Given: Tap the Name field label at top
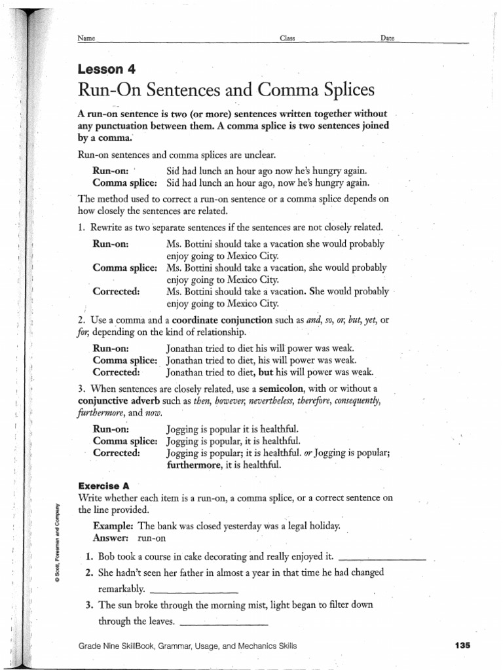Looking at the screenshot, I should click(x=86, y=39).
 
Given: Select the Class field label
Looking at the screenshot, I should click(x=288, y=39).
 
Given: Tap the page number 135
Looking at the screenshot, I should click(x=462, y=646).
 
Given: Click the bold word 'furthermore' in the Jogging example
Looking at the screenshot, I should click(x=195, y=465).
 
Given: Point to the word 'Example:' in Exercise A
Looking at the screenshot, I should click(x=114, y=526).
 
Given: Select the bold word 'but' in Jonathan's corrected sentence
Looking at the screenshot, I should click(x=265, y=372).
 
